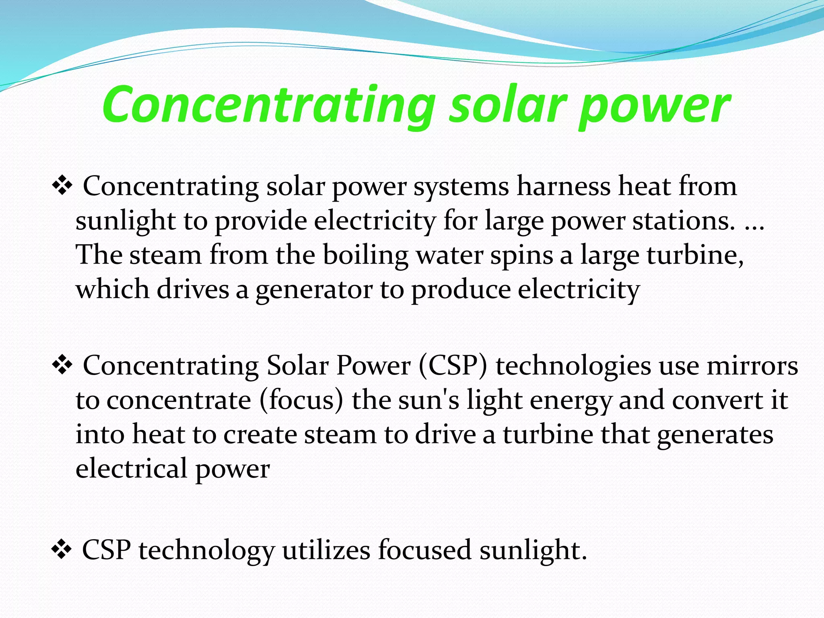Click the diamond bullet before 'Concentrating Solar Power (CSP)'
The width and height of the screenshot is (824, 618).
click(x=62, y=365)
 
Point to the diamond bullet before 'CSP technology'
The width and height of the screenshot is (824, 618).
click(x=62, y=550)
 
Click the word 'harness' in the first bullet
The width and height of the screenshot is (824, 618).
click(x=563, y=186)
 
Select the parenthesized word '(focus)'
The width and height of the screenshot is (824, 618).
click(x=301, y=401)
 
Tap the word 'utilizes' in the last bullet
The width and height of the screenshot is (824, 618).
click(x=326, y=550)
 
